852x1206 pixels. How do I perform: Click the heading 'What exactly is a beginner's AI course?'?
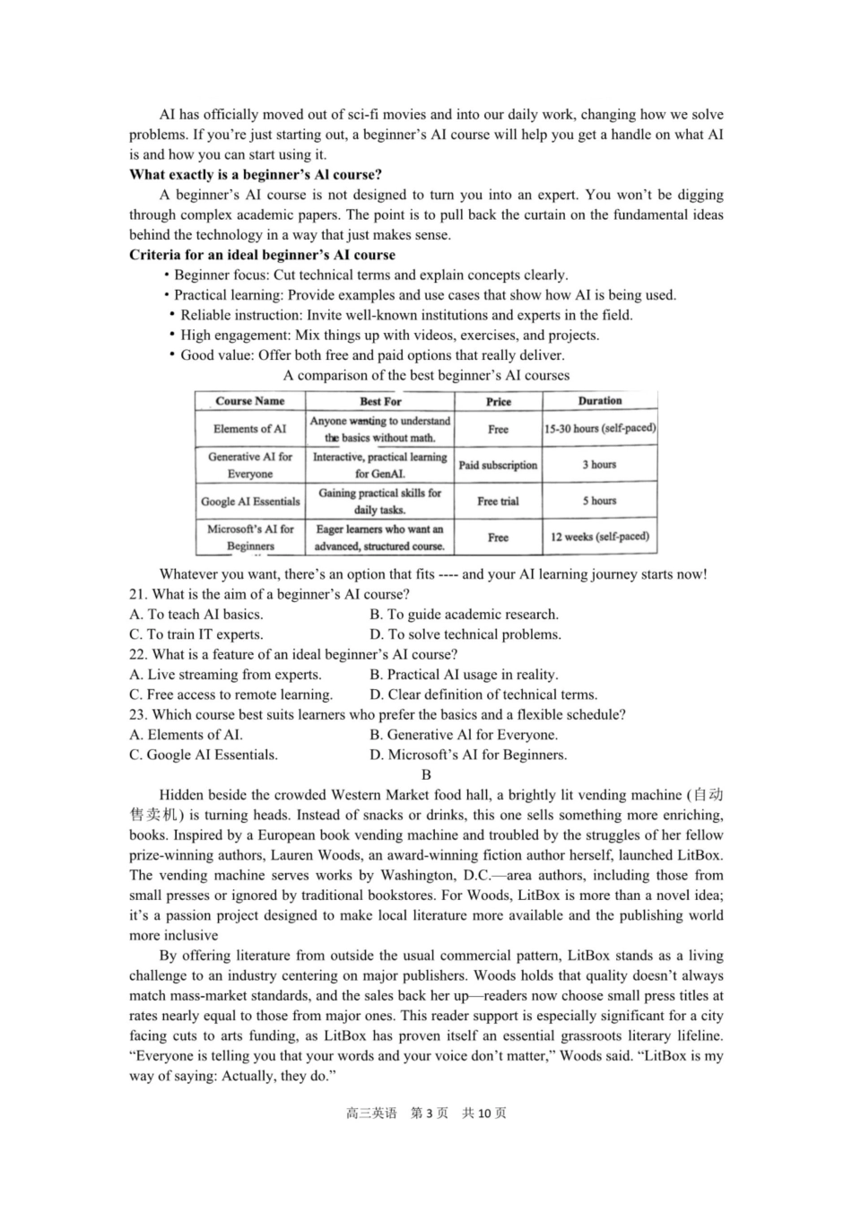256,174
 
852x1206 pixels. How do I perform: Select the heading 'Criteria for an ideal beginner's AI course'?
262,255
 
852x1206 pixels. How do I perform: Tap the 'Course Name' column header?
249,401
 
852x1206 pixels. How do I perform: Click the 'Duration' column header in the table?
599,401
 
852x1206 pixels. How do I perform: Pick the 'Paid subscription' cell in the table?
498,465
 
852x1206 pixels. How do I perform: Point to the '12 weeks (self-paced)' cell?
599,537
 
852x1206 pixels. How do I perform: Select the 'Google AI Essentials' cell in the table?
250,502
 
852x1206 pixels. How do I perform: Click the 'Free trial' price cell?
498,502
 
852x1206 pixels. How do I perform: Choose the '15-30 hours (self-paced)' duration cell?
599,429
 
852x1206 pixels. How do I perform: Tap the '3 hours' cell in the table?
599,465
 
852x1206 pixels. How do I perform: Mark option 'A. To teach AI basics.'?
196,615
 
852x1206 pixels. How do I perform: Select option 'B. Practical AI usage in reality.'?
464,675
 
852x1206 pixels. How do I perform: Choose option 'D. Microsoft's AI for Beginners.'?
468,755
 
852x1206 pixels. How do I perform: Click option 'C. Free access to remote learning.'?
231,695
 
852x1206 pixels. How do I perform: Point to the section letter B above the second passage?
426,774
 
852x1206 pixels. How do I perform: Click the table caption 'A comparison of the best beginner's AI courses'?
426,375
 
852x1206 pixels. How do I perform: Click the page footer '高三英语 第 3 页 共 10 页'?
426,1113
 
